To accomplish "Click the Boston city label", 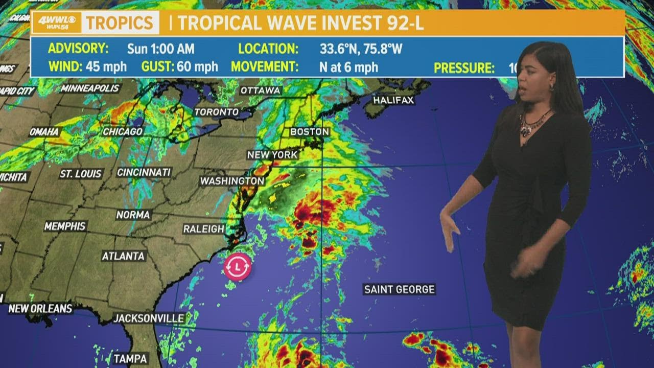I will click(x=310, y=132).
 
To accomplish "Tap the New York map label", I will click(x=272, y=155).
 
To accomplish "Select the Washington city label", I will click(x=232, y=181).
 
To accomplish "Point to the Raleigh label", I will click(x=204, y=229).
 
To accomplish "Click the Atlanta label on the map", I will click(x=123, y=256).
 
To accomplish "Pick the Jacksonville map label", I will click(x=149, y=318).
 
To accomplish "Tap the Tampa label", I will click(x=131, y=358).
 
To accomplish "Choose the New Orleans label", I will click(x=40, y=309).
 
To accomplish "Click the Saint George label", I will click(x=399, y=289).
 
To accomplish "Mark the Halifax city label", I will click(x=393, y=100).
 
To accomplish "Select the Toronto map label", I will click(x=217, y=111).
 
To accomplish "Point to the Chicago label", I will click(x=123, y=132).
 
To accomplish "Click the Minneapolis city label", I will click(x=90, y=88).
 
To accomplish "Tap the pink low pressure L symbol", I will click(x=238, y=266).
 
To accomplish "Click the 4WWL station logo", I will click(x=56, y=23).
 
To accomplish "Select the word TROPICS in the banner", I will click(x=119, y=23).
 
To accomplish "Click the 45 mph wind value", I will click(x=106, y=67).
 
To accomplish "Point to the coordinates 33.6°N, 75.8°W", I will click(x=361, y=49).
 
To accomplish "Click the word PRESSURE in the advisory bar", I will click(x=464, y=67).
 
